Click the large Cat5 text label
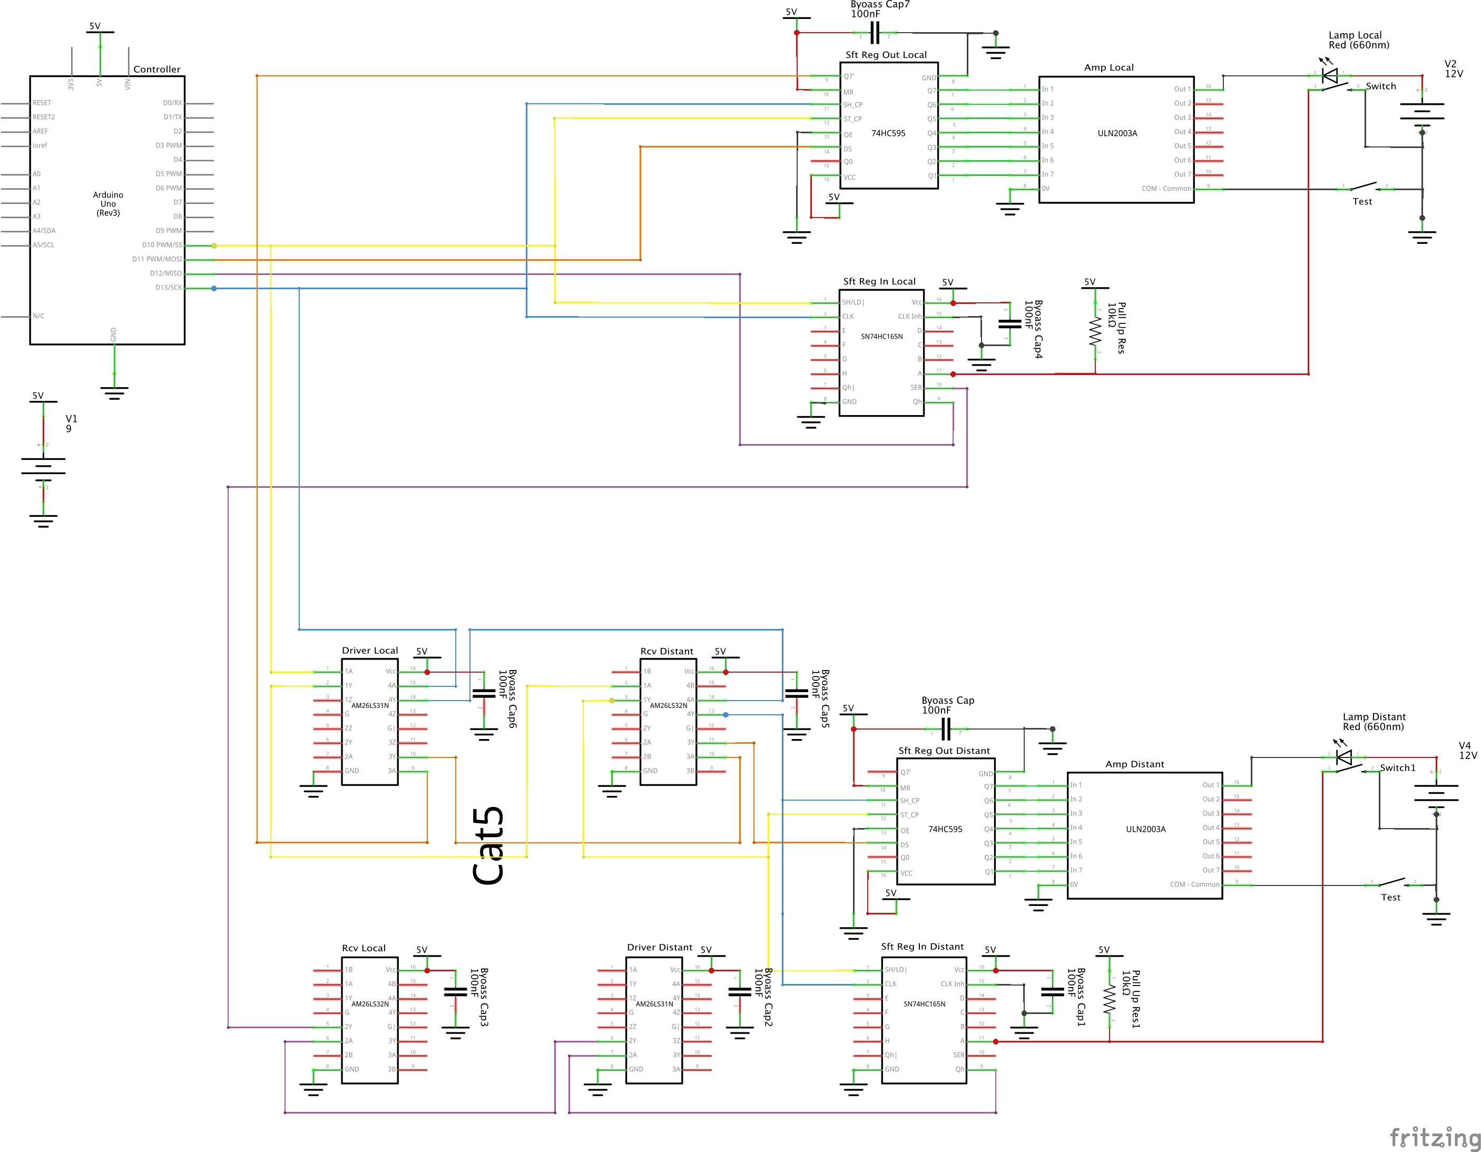click(489, 846)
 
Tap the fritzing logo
click(1434, 1137)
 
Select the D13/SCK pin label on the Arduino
click(168, 288)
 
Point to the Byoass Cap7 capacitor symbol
click(875, 33)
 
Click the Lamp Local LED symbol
click(1330, 75)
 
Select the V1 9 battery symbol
click(43, 466)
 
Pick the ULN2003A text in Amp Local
click(1117, 133)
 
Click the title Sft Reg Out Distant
click(944, 751)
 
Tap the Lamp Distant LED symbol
click(1343, 757)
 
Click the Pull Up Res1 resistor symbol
click(1110, 999)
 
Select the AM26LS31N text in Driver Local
click(370, 705)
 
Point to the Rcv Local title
click(364, 948)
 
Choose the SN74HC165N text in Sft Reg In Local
click(881, 336)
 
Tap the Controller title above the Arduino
click(156, 69)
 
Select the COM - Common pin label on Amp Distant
click(1194, 884)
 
